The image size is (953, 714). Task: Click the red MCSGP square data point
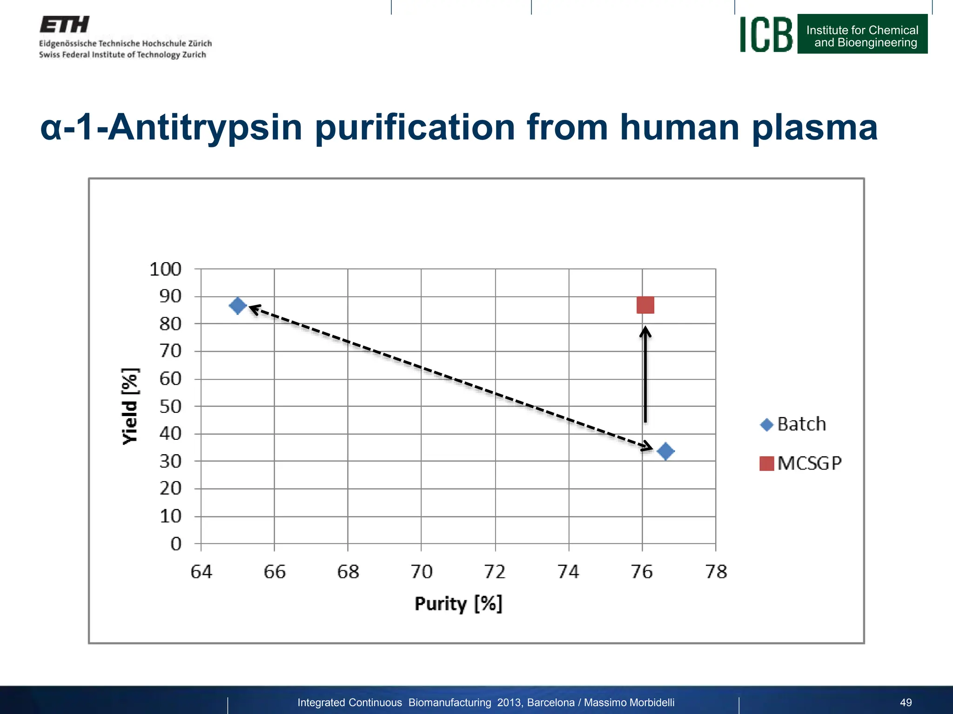[645, 305]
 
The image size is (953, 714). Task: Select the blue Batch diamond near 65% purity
[238, 306]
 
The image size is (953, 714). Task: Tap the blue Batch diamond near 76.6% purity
[665, 451]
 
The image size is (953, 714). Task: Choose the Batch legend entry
[793, 424]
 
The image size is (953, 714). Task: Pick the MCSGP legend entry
[800, 463]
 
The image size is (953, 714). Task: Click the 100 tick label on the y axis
[165, 269]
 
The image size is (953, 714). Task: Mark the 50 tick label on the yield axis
[170, 407]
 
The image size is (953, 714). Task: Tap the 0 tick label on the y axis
[176, 543]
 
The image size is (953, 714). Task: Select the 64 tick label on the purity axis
[201, 572]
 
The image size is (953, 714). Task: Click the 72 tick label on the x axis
[495, 572]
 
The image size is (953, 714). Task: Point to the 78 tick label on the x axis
[716, 572]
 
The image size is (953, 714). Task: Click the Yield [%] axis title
[130, 406]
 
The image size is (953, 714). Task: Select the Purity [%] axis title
[458, 604]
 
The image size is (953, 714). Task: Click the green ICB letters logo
[766, 34]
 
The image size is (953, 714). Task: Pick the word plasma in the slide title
[814, 127]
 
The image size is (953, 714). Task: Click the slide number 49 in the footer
[906, 702]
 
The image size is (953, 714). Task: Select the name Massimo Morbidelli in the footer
[629, 702]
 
